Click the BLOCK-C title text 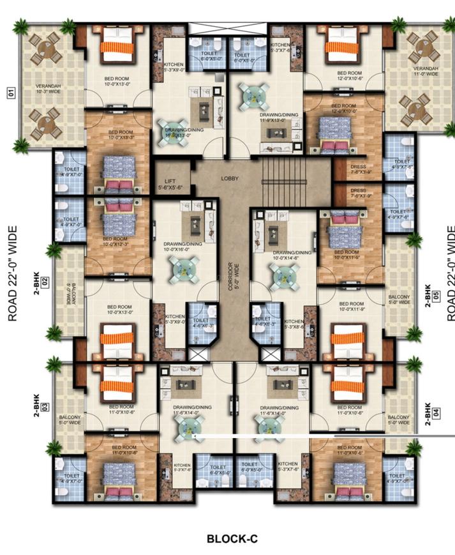pyautogui.click(x=232, y=538)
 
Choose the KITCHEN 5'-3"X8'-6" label pyautogui.click(x=295, y=324)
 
